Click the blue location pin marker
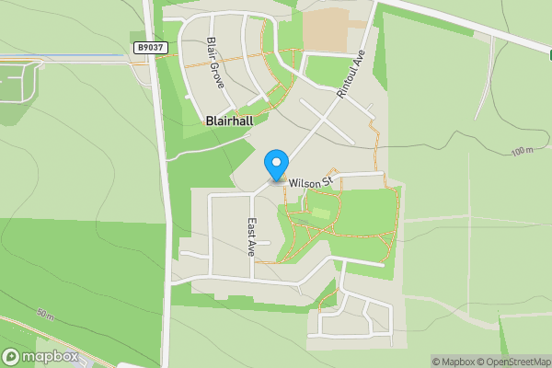pos(275,165)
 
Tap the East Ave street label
pos(250,236)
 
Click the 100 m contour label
pos(522,150)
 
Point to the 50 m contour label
pos(46,315)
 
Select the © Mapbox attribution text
pos(454,362)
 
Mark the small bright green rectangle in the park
pos(320,213)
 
